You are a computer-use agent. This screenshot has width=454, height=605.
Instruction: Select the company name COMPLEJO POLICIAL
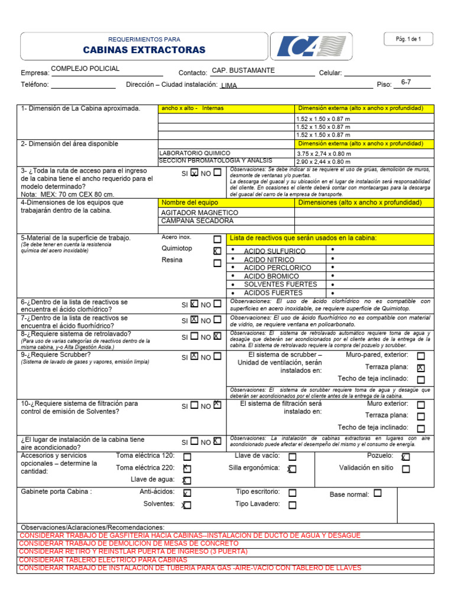coord(85,69)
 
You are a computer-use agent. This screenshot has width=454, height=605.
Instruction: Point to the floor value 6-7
coord(406,82)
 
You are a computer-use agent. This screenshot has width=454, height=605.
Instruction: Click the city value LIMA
coord(229,86)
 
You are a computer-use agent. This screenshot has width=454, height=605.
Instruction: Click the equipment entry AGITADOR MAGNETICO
coord(199,213)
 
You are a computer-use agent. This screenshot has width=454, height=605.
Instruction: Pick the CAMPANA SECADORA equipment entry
coord(197,221)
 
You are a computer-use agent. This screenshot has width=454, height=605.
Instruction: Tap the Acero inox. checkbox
coord(218,239)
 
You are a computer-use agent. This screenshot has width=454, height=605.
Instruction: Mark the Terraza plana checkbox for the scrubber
coord(421,367)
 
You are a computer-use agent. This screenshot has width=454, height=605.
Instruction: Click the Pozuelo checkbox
coord(406,457)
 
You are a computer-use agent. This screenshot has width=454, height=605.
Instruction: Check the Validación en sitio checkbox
coord(406,469)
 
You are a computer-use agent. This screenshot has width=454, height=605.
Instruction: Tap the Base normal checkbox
coord(378,493)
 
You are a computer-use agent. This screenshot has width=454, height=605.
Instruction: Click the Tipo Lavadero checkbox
coord(293,505)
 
